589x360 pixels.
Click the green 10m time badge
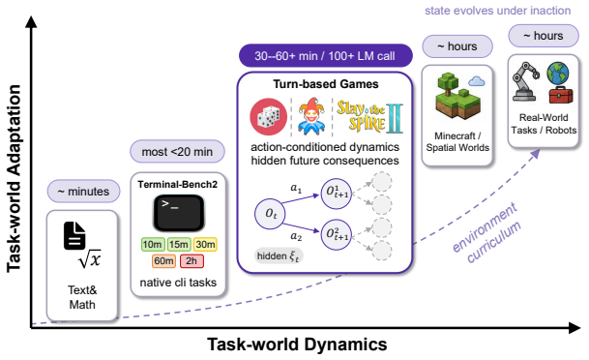[x=152, y=245]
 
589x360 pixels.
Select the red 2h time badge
[x=191, y=261]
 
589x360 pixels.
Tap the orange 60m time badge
[x=163, y=261]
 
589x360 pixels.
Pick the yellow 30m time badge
[x=205, y=245]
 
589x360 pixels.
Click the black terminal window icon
[x=179, y=213]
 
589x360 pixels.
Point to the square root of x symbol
[x=90, y=258]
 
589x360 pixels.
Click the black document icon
[x=74, y=236]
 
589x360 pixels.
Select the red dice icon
[x=269, y=117]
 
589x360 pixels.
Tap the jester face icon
[x=311, y=116]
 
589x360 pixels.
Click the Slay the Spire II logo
[x=370, y=116]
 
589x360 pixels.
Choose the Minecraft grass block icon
[x=456, y=96]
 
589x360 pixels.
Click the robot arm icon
[x=525, y=81]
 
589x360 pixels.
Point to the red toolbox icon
[x=561, y=95]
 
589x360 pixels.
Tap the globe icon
[x=558, y=74]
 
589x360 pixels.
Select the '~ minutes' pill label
[x=83, y=192]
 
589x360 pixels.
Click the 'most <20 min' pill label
[x=177, y=152]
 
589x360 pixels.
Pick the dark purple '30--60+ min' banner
[x=325, y=56]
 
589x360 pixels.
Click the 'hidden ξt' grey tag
[x=279, y=256]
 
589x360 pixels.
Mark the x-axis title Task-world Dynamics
[x=297, y=345]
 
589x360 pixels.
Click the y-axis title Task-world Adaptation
[x=14, y=178]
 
